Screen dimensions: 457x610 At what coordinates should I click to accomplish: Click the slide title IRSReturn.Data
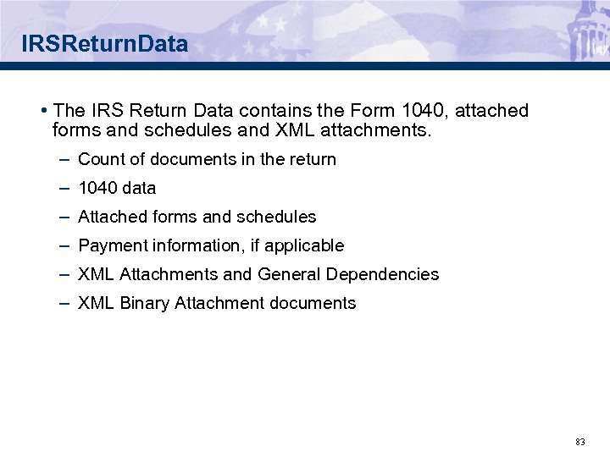(105, 44)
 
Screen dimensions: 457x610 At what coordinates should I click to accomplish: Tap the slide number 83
(579, 442)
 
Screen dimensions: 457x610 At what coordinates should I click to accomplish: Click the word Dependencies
(389, 274)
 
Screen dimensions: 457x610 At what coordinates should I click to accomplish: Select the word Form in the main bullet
(376, 111)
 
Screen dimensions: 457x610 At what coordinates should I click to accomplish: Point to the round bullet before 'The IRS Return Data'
(42, 111)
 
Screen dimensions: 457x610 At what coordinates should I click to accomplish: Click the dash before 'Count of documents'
(65, 159)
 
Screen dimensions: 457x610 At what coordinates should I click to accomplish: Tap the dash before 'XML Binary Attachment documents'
(65, 303)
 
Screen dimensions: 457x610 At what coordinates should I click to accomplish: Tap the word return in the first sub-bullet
(314, 159)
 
